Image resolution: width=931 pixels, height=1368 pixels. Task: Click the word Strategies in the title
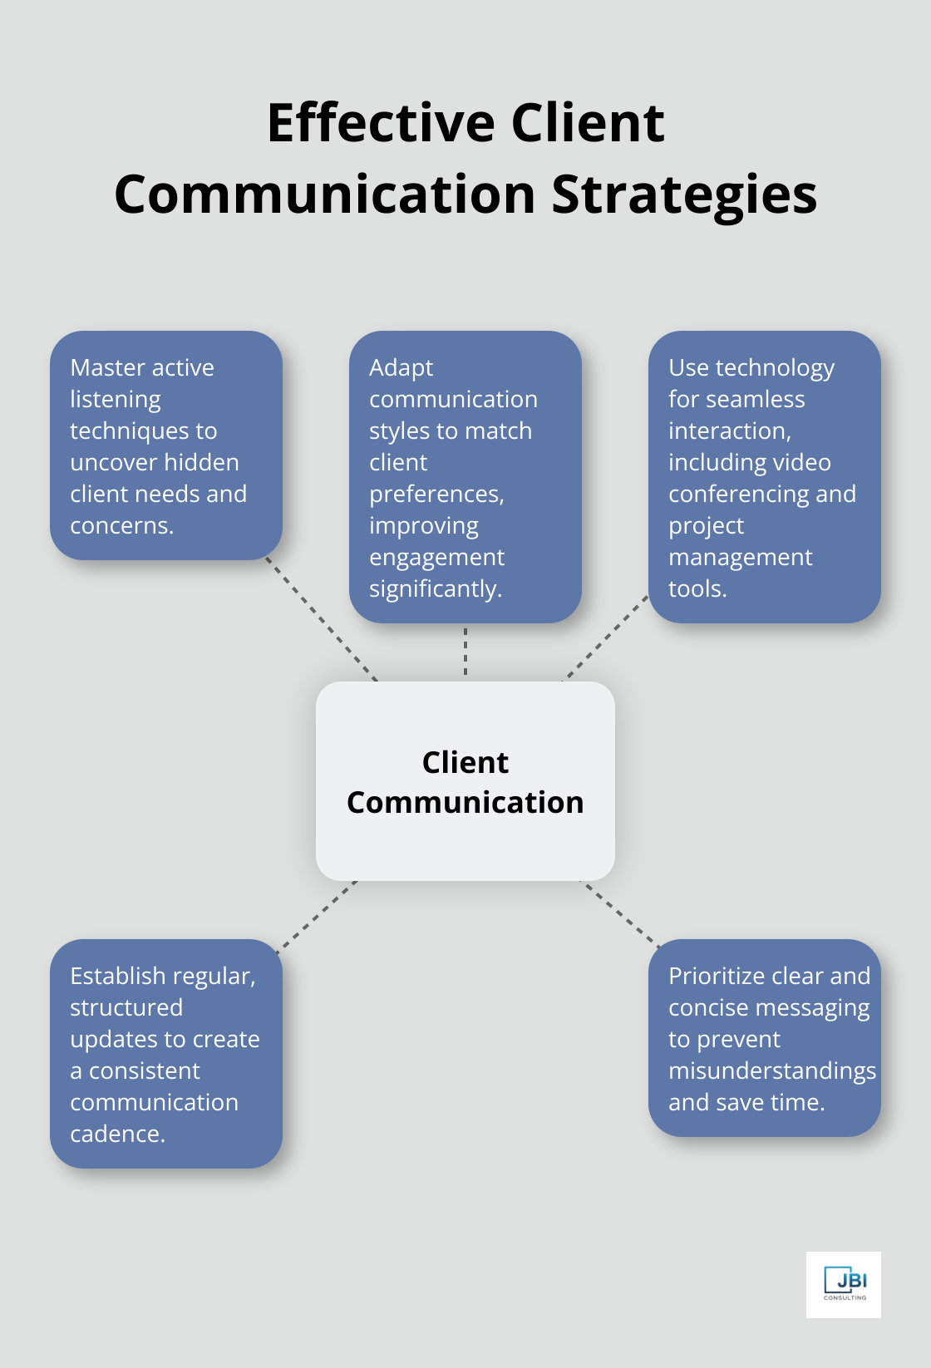[684, 194]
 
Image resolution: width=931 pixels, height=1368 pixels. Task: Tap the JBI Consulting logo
[843, 1284]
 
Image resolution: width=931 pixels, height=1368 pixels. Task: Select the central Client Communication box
[465, 781]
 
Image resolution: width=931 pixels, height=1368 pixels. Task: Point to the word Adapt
[401, 367]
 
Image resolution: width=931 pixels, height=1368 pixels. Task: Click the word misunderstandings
[771, 1070]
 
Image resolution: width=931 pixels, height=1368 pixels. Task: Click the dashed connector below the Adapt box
[465, 652]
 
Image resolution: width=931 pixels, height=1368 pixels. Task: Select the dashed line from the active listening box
[322, 619]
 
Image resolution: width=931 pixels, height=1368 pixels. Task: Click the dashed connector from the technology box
[606, 637]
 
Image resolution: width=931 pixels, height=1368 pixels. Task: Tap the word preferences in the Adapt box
[436, 494]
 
